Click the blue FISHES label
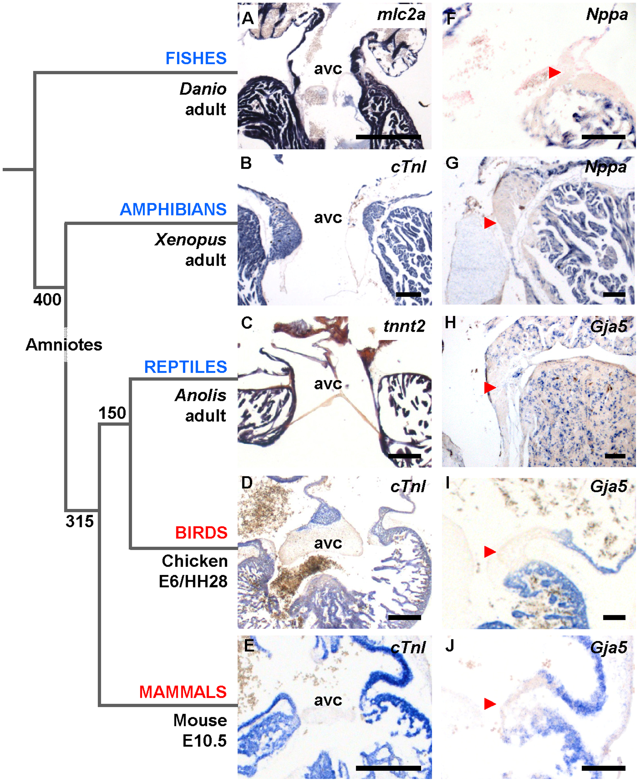click(x=196, y=59)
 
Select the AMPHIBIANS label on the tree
click(x=173, y=209)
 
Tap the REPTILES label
click(x=185, y=367)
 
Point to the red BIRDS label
click(x=201, y=533)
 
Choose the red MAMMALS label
click(x=183, y=692)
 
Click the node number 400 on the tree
click(x=47, y=299)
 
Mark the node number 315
click(x=79, y=521)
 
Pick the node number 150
click(x=112, y=413)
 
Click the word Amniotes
click(x=64, y=345)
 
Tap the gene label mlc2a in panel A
click(x=401, y=15)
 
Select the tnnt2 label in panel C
click(x=404, y=326)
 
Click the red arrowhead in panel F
click(x=554, y=72)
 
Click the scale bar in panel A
click(x=388, y=137)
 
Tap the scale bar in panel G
click(x=614, y=294)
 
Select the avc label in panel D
click(x=328, y=543)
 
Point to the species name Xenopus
click(x=190, y=240)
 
